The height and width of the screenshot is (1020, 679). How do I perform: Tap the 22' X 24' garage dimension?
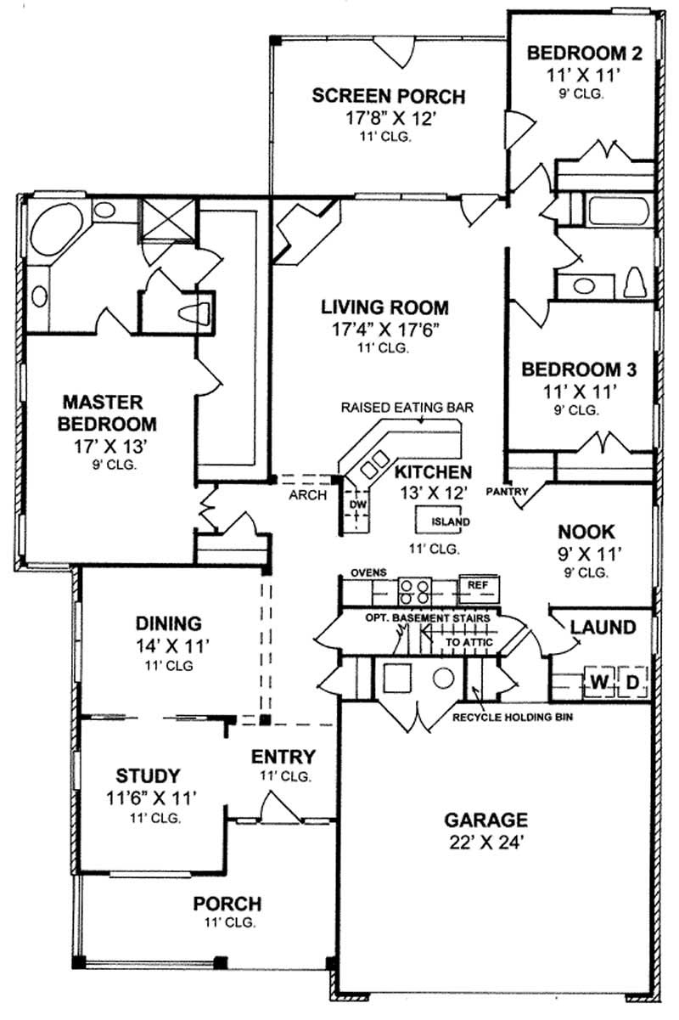coord(486,845)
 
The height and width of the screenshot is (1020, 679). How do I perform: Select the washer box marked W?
coord(598,682)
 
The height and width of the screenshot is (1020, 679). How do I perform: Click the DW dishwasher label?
coord(357,504)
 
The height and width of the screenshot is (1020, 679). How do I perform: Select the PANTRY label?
coord(508,491)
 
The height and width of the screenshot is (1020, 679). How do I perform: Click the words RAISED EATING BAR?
coord(407,408)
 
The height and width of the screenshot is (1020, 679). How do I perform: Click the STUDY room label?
coord(148,775)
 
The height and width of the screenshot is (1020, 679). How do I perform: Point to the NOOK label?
coord(586,532)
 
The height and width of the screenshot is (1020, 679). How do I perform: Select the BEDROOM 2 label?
coord(584,54)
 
